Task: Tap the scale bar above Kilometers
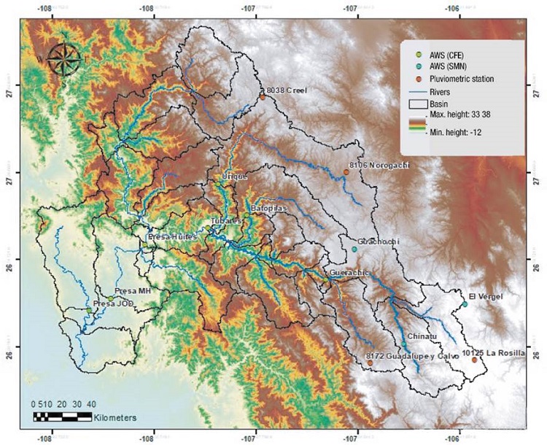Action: (x=61, y=417)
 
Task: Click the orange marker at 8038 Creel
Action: (x=262, y=96)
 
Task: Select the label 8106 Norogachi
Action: (x=379, y=166)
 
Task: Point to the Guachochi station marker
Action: (x=354, y=249)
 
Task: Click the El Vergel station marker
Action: (x=464, y=304)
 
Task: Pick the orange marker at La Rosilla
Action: (x=474, y=360)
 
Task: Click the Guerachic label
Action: (x=350, y=273)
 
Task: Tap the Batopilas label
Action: (x=270, y=209)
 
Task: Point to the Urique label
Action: (x=235, y=177)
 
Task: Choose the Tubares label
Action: (x=225, y=220)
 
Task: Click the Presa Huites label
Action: (x=172, y=237)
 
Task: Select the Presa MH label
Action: (x=133, y=290)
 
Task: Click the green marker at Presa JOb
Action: (x=90, y=311)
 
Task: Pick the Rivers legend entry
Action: (x=444, y=92)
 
